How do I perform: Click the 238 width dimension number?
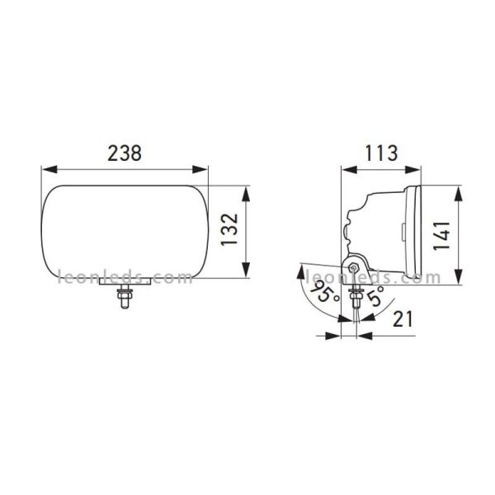(x=125, y=153)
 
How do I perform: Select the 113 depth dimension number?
(x=382, y=153)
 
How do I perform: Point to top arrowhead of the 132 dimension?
(x=247, y=189)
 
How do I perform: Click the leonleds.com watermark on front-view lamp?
(x=124, y=278)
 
